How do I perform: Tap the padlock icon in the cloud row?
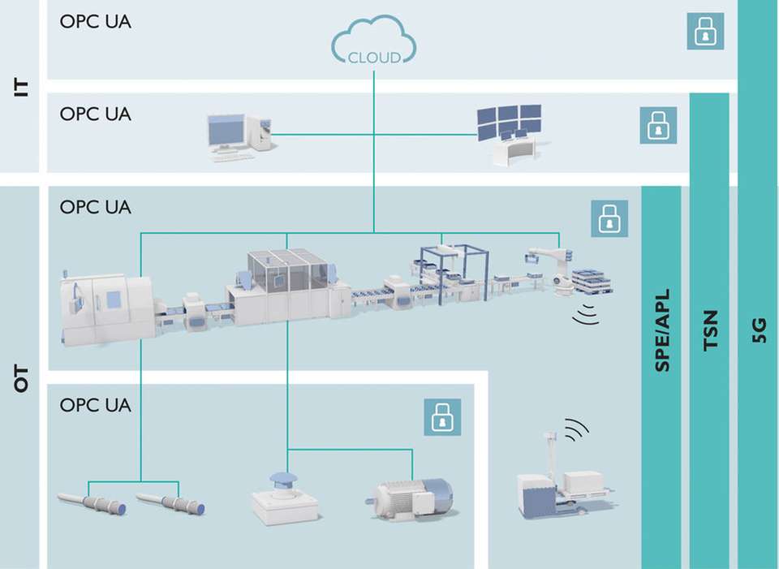[705, 32]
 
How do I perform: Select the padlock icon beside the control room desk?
[657, 126]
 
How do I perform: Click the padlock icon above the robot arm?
[609, 218]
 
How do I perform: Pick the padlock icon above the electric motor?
[441, 416]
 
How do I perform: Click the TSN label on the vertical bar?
[710, 334]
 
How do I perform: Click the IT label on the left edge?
[21, 87]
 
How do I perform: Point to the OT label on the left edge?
[21, 379]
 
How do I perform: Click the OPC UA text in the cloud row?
[95, 22]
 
